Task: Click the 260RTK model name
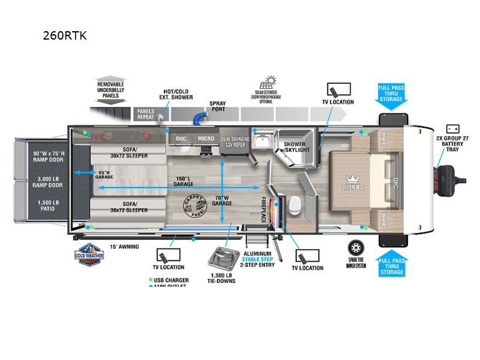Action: pos(65,35)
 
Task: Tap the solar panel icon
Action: pos(268,83)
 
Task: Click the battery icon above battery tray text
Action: pos(453,128)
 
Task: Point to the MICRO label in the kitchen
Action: pos(206,139)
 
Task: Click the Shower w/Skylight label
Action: pos(295,147)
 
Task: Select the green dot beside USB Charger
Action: pos(149,280)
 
